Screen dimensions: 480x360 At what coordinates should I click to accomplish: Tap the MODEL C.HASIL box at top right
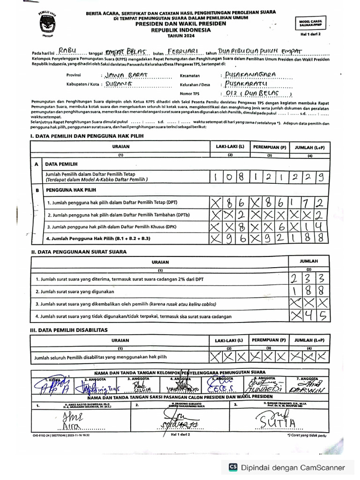310,24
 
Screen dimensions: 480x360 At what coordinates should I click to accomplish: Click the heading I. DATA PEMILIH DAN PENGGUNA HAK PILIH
87,136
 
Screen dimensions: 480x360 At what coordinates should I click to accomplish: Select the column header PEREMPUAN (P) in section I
270,147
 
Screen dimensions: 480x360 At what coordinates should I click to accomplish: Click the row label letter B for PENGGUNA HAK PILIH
36,190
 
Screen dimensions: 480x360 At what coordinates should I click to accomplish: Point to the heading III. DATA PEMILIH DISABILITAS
69,330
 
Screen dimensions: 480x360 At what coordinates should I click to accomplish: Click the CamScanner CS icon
233,467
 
